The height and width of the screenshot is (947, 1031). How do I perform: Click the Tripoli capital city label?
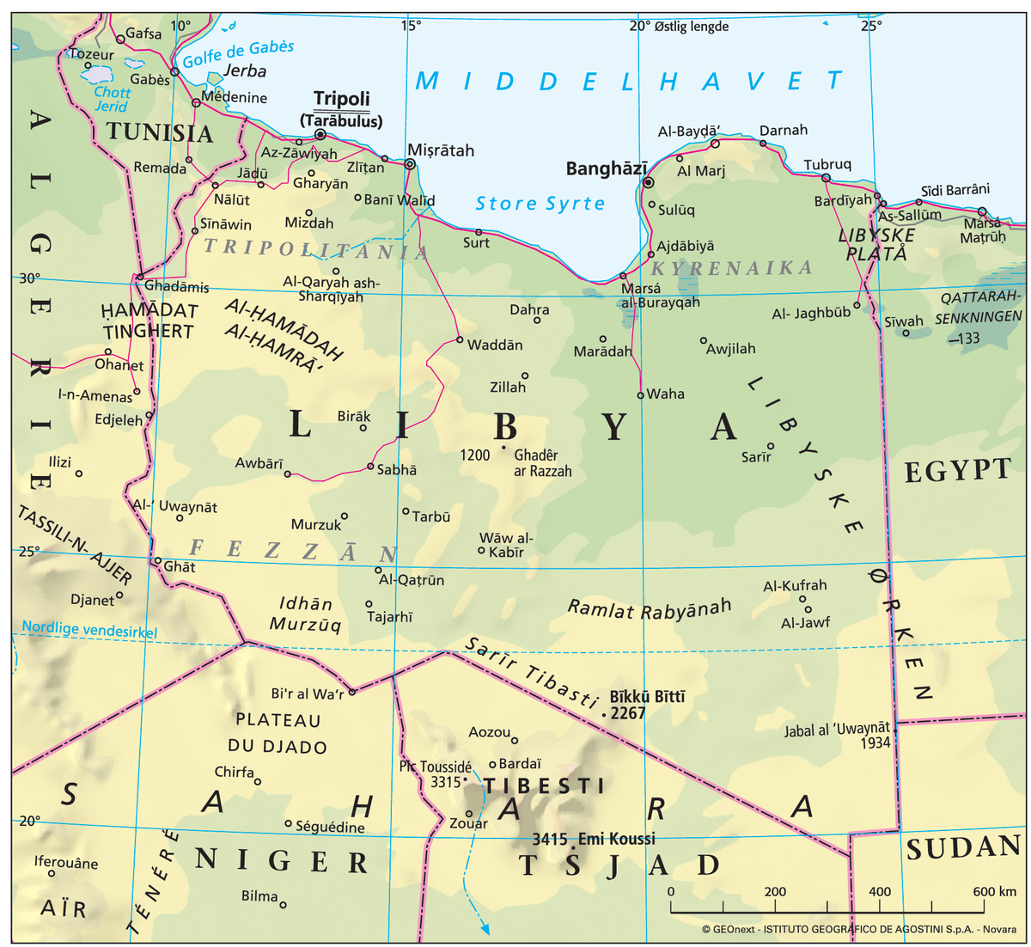[x=341, y=98]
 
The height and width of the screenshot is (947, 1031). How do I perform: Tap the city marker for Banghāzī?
[x=649, y=182]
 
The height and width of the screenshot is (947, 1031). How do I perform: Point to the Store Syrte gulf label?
[x=540, y=204]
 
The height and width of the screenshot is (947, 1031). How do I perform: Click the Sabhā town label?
[x=397, y=470]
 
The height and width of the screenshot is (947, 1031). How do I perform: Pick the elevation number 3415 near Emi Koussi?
[x=549, y=840]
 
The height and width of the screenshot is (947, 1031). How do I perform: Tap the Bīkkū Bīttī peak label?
[x=647, y=696]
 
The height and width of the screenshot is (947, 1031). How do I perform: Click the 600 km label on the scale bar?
[x=994, y=891]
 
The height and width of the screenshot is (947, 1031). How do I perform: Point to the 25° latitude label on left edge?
[x=29, y=551]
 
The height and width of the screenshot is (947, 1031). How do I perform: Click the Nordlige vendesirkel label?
[x=89, y=629]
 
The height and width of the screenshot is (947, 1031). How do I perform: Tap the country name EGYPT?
[x=957, y=470]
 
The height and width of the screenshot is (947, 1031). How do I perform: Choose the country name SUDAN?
[x=963, y=848]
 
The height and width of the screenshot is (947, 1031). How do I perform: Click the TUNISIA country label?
[x=159, y=133]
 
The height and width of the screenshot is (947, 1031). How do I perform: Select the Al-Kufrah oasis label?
[x=795, y=585]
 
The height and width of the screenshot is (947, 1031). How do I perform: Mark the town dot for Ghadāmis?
[x=139, y=277]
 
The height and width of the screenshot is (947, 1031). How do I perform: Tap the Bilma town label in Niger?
[x=259, y=896]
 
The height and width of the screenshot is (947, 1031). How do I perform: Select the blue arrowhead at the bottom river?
[x=485, y=929]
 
